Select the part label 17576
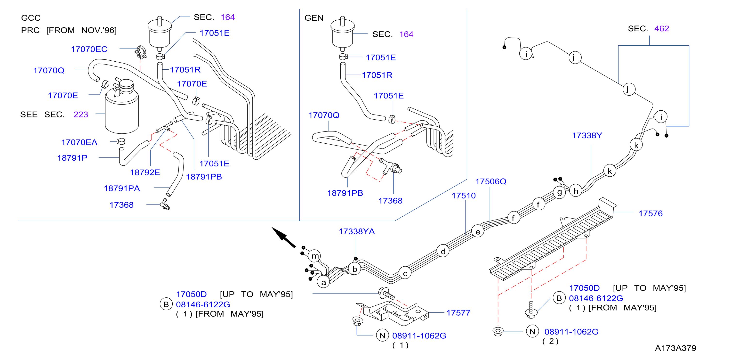[651, 213]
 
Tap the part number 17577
[458, 313]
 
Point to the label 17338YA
[356, 232]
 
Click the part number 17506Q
[491, 182]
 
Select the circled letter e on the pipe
[478, 232]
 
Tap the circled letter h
[576, 191]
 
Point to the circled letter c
[405, 273]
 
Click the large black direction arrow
[283, 237]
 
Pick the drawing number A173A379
[675, 348]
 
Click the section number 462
[661, 29]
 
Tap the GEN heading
[314, 18]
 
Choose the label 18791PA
[122, 188]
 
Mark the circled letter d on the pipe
[443, 251]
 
